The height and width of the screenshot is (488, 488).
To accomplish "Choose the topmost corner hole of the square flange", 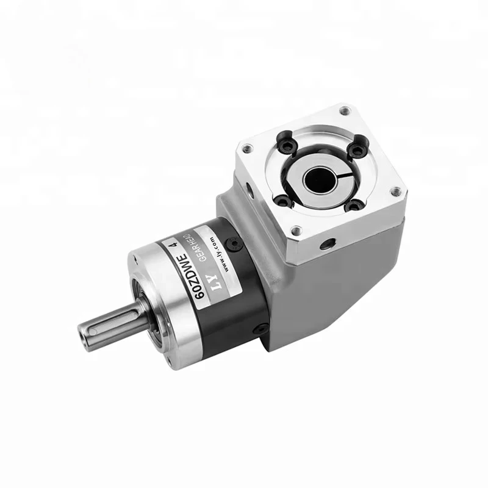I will [x=345, y=111].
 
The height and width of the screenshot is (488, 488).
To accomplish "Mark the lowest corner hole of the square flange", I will [x=296, y=231].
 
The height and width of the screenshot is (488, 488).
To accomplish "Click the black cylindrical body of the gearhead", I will [x=232, y=293].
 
